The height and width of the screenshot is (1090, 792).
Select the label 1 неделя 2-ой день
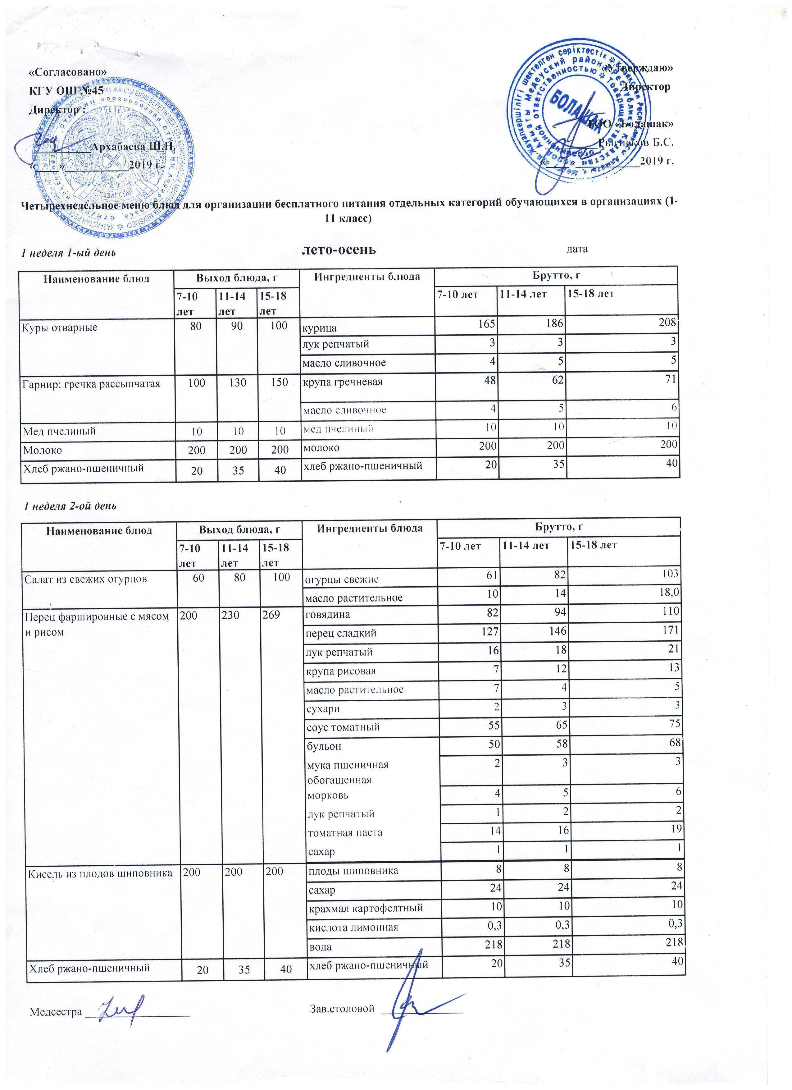click(x=71, y=506)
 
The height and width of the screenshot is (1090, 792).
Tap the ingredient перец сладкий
click(x=341, y=634)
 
